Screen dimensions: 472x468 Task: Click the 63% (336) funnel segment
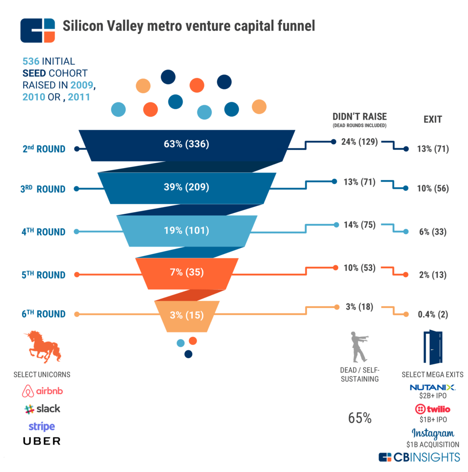[x=186, y=144]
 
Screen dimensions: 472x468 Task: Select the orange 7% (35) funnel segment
[x=186, y=271]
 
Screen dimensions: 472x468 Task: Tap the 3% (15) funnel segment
[x=186, y=316]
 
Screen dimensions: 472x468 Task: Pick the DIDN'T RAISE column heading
[x=359, y=117]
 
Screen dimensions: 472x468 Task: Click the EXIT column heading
[x=432, y=119]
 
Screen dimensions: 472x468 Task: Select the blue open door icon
[x=432, y=348]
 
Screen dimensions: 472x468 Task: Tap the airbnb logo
[x=42, y=391]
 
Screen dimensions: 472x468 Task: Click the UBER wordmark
[x=41, y=441]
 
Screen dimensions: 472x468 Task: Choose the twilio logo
[x=432, y=409]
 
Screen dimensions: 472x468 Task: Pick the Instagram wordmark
[x=432, y=433]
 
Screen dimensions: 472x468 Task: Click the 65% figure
[x=360, y=418]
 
